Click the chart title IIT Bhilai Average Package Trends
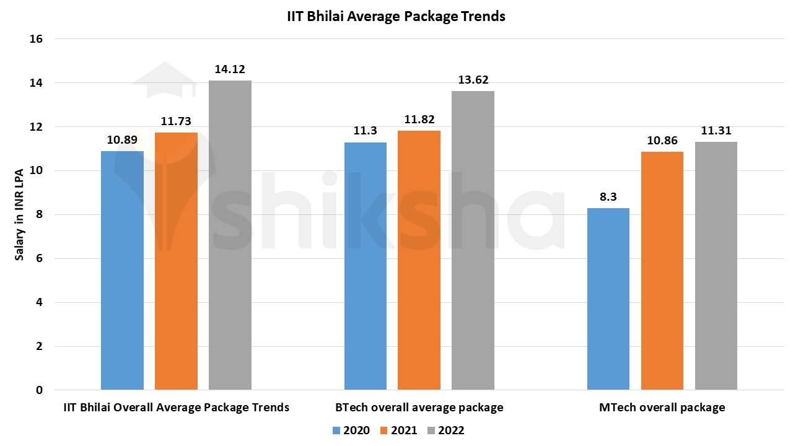396,17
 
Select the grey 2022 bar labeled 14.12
230,235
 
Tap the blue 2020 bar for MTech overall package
608,299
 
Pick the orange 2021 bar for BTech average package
419,260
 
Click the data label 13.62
473,80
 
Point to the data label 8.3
608,196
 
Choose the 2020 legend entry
351,431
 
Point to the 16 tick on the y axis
36,39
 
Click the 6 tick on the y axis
39,259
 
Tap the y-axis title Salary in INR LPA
20,214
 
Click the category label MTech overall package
662,408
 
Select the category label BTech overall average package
419,408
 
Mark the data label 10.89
122,140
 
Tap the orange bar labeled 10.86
662,271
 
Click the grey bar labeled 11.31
716,266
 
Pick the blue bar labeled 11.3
366,266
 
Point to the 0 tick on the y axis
39,390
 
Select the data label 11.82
419,120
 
